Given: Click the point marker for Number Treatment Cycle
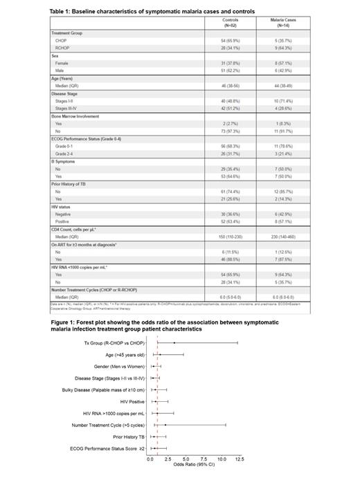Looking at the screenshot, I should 165,425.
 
